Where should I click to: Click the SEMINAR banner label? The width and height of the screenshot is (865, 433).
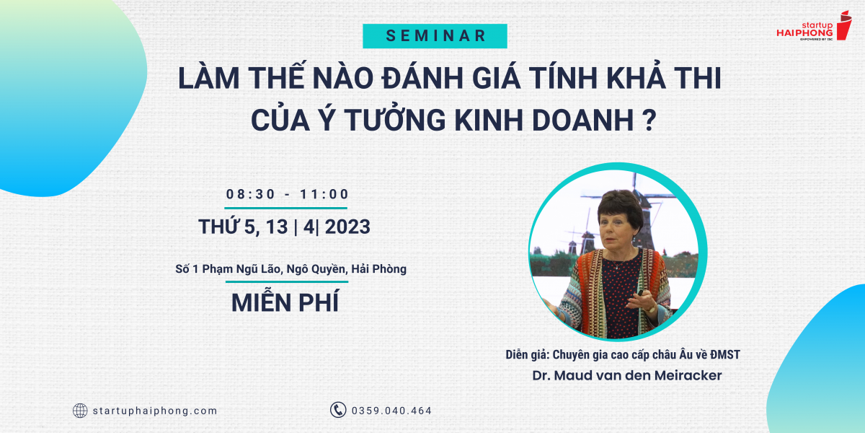coord(435,36)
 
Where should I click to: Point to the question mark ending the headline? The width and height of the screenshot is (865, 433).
coord(651,121)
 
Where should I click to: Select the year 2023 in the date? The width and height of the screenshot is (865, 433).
coord(347,227)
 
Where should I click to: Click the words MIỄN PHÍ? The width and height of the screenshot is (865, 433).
coord(285,302)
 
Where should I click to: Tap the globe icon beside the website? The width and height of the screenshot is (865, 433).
coord(80,411)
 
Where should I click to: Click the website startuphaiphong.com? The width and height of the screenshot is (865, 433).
coord(155,411)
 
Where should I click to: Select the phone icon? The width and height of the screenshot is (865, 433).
coord(338,410)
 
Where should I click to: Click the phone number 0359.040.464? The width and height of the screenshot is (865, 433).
coord(391,411)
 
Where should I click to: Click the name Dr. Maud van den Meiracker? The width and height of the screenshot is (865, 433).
coord(626,375)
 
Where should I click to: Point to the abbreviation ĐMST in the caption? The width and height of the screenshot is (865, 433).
coord(725,354)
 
